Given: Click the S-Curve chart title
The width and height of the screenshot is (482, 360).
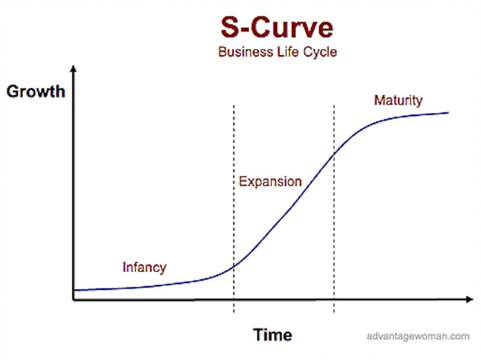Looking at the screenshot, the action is tap(277, 27).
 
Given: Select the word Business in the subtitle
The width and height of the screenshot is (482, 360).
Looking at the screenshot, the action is tap(245, 52).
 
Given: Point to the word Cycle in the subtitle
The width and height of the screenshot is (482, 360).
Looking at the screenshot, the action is tap(320, 52).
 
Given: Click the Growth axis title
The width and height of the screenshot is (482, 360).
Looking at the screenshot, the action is tap(36, 92).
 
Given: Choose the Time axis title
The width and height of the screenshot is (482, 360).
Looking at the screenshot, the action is tap(272, 335).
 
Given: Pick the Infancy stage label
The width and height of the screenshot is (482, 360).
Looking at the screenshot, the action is tap(145, 268).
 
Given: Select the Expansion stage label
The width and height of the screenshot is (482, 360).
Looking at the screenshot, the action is tap(270, 181).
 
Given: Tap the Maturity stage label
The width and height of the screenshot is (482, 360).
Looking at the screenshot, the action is tap(398, 100).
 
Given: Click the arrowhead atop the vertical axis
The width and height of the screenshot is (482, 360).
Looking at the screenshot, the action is tap(73, 69).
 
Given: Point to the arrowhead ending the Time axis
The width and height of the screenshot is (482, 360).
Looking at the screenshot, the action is tap(470, 299).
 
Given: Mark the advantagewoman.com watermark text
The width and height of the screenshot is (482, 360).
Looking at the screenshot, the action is tap(418, 336).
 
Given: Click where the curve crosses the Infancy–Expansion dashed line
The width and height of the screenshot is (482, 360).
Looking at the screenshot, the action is tap(233, 266).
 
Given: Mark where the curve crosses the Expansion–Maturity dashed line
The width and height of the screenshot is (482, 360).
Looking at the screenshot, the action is tap(334, 153).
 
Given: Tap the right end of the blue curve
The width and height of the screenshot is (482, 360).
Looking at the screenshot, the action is tap(449, 113).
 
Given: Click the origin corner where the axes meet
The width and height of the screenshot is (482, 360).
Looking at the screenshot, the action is tap(74, 299).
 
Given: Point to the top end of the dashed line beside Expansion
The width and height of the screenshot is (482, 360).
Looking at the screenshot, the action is tap(233, 105).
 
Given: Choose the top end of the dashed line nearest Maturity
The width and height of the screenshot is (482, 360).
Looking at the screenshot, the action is tap(334, 105).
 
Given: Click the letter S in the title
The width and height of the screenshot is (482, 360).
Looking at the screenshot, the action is tap(230, 27).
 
